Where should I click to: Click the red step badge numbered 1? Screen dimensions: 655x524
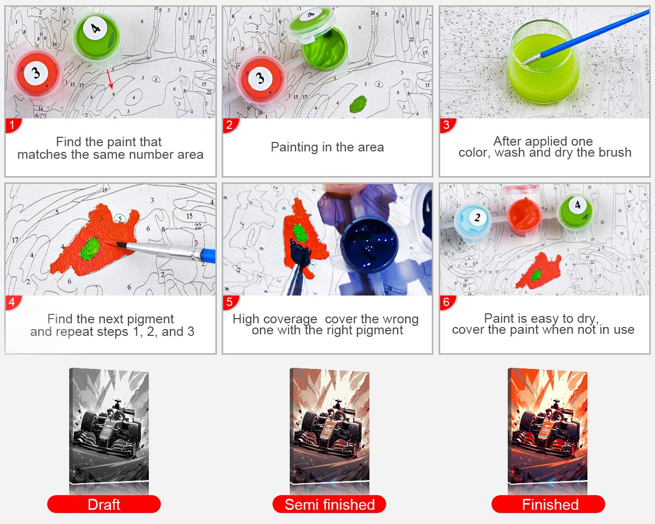[x=13, y=125]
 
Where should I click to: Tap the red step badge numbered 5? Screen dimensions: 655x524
[x=230, y=302]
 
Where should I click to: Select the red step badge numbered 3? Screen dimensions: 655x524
[x=447, y=125]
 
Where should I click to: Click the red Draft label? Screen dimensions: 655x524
[x=104, y=504]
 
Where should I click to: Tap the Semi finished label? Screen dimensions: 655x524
[x=329, y=504]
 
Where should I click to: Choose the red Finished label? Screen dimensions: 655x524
[x=548, y=504]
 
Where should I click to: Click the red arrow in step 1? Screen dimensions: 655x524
[x=110, y=79]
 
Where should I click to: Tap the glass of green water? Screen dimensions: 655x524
[x=543, y=62]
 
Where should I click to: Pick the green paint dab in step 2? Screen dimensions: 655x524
[x=358, y=104]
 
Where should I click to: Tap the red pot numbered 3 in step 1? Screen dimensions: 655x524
[x=37, y=74]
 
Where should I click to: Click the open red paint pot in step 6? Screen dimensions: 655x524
[x=524, y=216]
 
